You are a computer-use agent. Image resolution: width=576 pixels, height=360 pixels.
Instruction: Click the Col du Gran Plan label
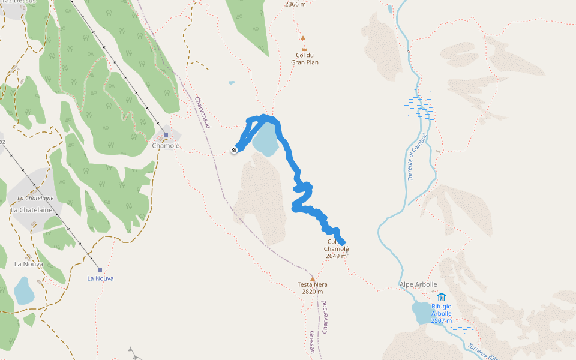pos(304,58)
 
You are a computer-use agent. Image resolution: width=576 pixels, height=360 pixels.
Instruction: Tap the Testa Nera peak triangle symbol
pos(312,278)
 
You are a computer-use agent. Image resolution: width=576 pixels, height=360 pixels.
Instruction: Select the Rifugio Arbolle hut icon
pos(442,297)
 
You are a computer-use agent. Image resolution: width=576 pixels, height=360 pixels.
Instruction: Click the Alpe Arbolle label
pos(418,284)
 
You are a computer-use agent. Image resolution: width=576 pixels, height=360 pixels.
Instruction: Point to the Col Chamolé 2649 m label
pos(337,249)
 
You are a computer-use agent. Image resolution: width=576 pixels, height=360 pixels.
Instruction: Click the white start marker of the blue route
pos(234,150)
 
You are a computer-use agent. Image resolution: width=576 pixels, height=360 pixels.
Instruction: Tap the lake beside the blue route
pos(266,139)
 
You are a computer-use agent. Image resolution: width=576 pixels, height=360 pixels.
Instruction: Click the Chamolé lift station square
pos(166,135)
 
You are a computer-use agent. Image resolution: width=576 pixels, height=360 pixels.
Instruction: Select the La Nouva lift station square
pos(100,270)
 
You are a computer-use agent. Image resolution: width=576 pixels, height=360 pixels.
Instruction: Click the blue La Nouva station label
pos(100,278)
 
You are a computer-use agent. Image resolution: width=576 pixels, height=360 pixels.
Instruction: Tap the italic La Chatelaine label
pos(35,198)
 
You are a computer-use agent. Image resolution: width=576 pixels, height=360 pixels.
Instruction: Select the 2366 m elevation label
pos(295,4)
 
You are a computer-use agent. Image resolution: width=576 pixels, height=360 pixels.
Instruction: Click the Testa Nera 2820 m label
pos(312,288)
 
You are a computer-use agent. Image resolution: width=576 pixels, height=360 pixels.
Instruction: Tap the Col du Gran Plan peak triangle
pos(303,37)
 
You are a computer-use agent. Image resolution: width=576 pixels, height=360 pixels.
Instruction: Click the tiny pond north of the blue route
pos(232,83)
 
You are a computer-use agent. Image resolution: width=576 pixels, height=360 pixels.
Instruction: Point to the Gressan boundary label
pos(312,342)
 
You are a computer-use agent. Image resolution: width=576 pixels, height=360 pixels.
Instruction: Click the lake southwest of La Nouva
pos(25,290)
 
